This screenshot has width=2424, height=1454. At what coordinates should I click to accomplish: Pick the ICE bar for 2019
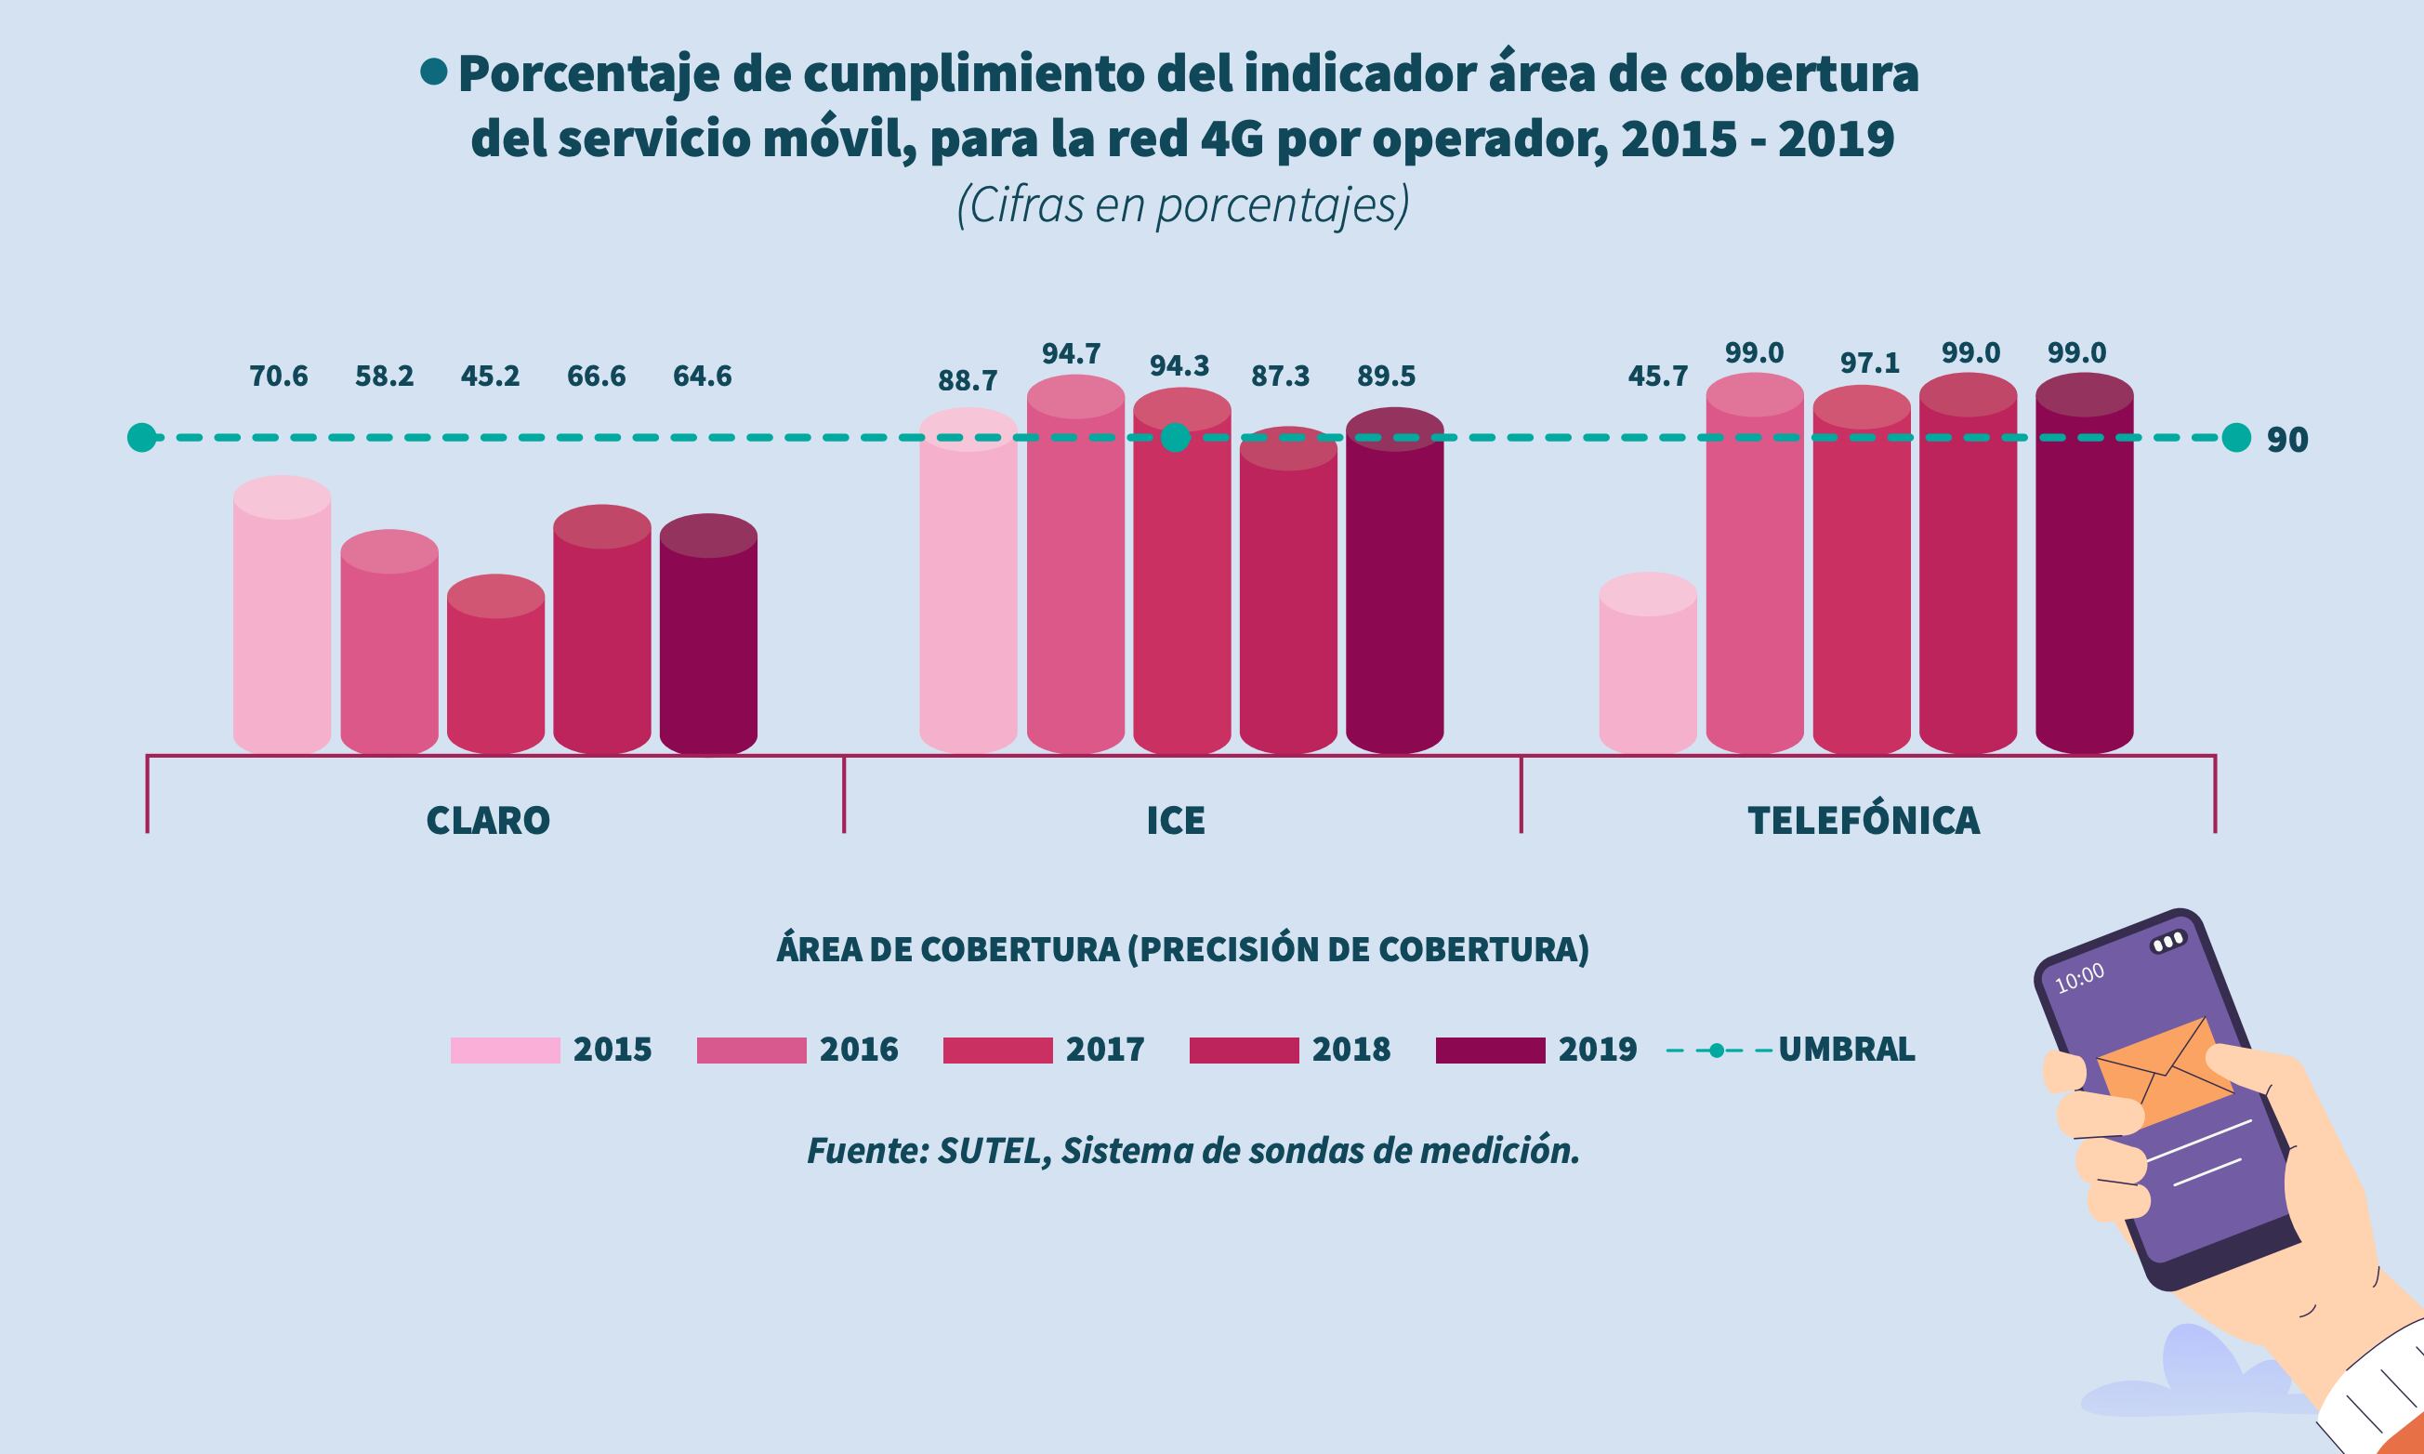(x=1395, y=588)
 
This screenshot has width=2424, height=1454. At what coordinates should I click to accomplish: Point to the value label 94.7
(x=1071, y=353)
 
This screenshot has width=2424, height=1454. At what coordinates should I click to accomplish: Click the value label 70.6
(x=279, y=377)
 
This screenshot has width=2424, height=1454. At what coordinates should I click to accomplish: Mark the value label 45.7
(x=1657, y=377)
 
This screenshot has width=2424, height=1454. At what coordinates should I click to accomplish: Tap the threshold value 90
(x=2286, y=441)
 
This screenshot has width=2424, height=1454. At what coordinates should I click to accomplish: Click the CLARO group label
(x=488, y=820)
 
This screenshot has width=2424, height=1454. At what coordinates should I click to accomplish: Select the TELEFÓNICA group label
(x=1864, y=820)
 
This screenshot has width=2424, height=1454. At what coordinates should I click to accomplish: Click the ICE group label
(x=1175, y=820)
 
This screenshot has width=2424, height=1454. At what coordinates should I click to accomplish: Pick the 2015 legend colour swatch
(x=505, y=1051)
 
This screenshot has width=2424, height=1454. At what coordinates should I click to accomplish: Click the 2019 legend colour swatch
(x=1490, y=1051)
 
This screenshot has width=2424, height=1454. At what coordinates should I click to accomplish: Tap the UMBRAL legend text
(x=1846, y=1051)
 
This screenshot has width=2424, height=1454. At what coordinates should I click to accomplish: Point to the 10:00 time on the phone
(x=2079, y=979)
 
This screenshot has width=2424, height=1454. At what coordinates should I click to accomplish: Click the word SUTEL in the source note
(x=988, y=1151)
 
